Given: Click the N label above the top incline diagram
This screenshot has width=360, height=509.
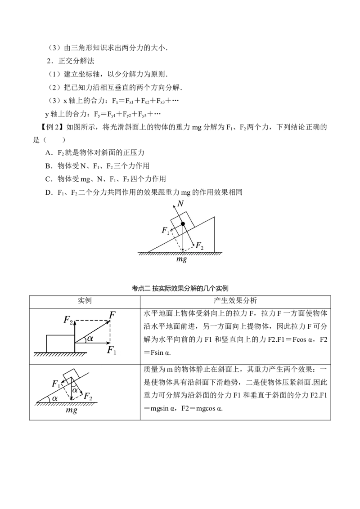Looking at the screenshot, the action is (x=180, y=204).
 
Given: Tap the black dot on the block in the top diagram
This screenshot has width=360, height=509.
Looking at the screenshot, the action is (x=183, y=223).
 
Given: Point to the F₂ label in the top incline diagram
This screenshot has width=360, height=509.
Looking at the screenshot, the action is (x=199, y=246).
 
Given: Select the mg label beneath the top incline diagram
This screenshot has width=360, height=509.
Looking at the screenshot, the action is (x=182, y=259).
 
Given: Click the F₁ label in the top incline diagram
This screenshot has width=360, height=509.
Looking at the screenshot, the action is (x=166, y=231).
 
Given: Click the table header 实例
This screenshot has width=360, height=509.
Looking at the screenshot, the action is (x=85, y=301).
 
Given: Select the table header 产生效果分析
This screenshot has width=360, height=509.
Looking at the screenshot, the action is (x=235, y=301).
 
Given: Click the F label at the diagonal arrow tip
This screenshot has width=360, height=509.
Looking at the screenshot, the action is (x=112, y=315).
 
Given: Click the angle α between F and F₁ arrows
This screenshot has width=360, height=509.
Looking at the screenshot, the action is (x=90, y=338).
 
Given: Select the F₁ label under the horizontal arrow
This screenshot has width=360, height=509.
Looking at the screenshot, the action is (x=112, y=350).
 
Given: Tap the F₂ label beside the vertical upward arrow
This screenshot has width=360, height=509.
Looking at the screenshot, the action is (x=68, y=321).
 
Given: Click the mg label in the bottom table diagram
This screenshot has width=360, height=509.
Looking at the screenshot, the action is (x=72, y=410).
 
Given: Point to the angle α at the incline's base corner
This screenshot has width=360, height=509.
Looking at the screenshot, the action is (x=54, y=397).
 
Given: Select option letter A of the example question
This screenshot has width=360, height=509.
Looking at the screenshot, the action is (x=49, y=153).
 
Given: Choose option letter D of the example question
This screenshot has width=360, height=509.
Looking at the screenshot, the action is (x=49, y=192).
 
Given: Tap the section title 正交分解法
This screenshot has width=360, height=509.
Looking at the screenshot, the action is (x=76, y=61).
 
